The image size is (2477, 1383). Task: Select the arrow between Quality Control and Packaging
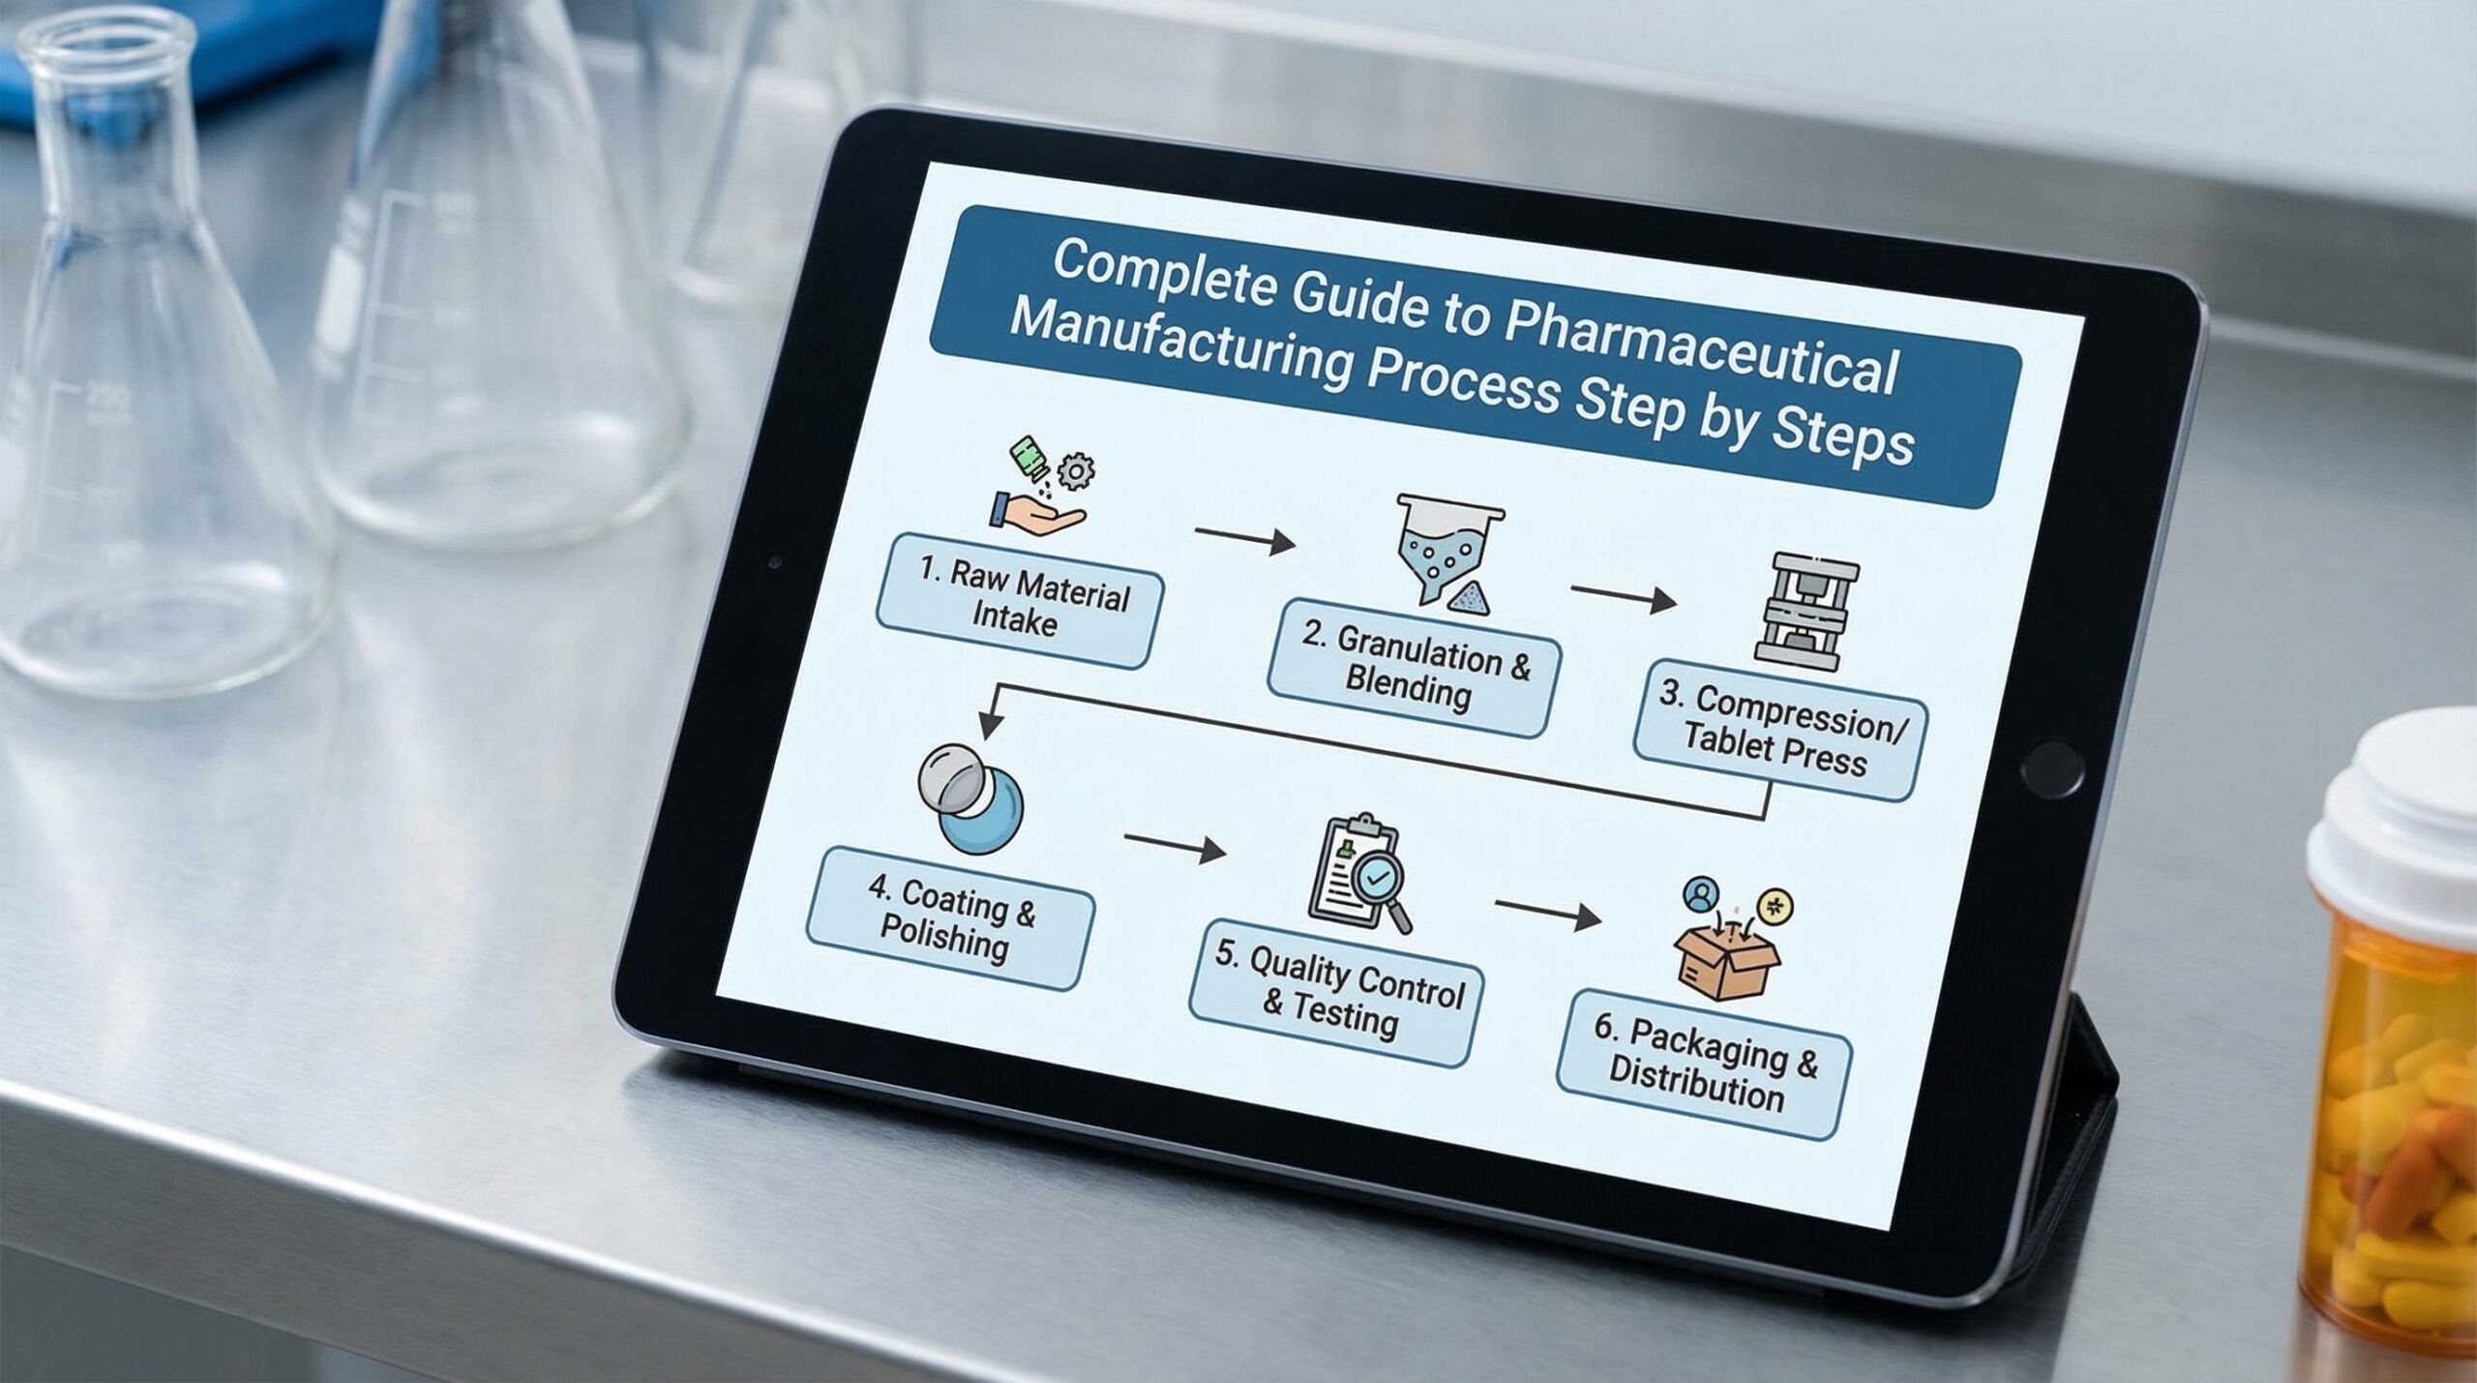(x=1547, y=913)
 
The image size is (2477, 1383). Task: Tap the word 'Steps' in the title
(x=1842, y=436)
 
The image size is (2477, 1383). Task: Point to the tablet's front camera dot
(x=773, y=562)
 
